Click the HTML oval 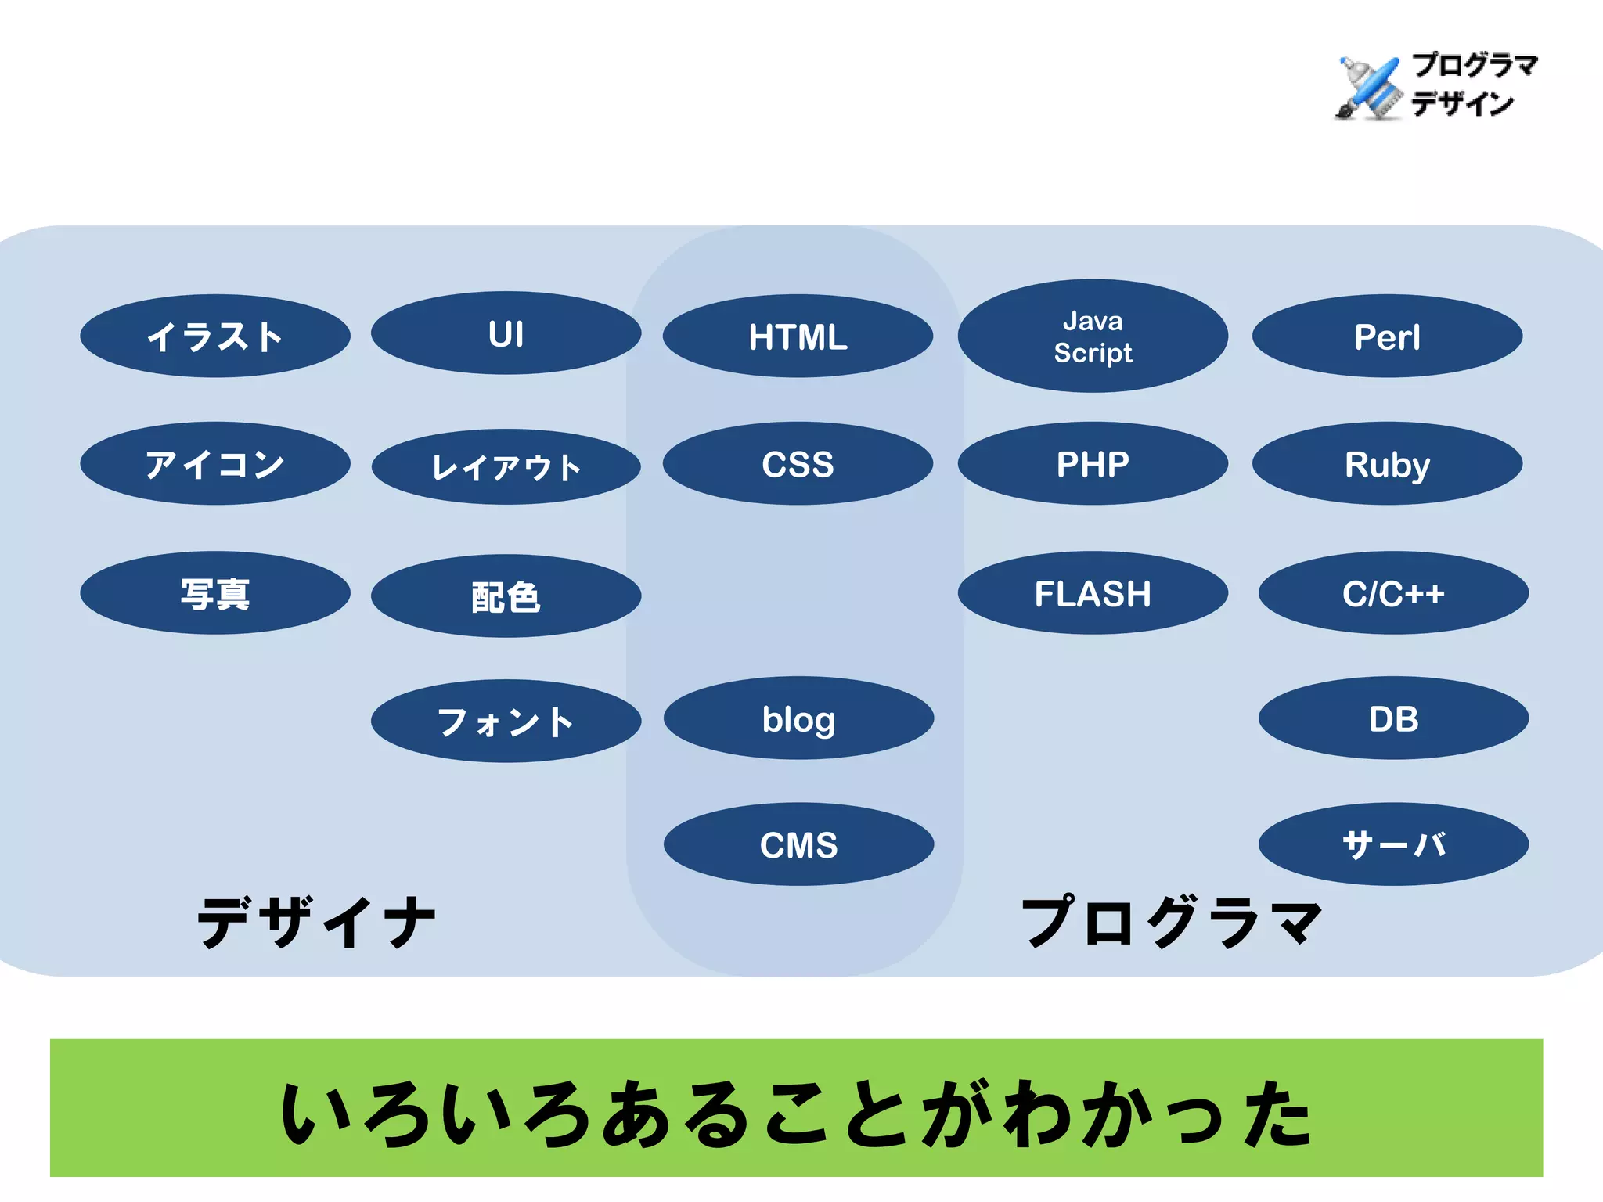click(798, 336)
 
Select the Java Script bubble click(1093, 336)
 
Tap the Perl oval click(1387, 336)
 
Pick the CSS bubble click(798, 464)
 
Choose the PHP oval click(1093, 464)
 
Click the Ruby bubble click(1387, 464)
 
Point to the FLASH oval click(1093, 593)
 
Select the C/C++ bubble click(1393, 593)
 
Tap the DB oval click(1393, 718)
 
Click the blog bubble click(798, 718)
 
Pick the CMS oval click(798, 844)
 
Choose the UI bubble click(506, 333)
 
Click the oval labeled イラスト click(214, 336)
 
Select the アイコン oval click(214, 464)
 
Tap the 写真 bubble click(214, 593)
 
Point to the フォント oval click(506, 722)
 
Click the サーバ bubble click(1393, 844)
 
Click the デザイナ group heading click(316, 922)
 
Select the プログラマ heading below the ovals click(1171, 922)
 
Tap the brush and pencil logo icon click(1367, 88)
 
